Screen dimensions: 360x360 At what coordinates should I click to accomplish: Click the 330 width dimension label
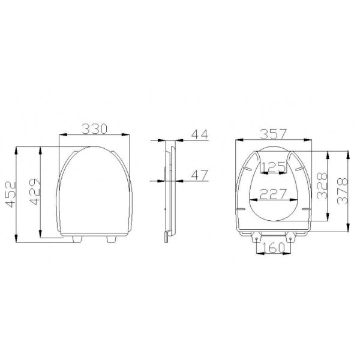[x=94, y=129]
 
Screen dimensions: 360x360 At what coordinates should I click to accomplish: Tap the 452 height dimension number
[x=11, y=194]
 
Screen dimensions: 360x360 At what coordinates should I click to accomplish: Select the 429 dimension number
[x=35, y=192]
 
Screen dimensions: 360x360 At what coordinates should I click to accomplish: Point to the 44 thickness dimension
[x=200, y=134]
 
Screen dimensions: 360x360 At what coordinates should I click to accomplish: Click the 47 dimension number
[x=200, y=175]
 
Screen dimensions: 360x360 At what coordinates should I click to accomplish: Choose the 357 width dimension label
[x=274, y=134]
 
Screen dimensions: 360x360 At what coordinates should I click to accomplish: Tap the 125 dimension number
[x=274, y=167]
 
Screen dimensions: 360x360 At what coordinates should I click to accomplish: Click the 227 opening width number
[x=274, y=194]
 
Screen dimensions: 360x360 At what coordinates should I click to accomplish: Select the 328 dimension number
[x=322, y=185]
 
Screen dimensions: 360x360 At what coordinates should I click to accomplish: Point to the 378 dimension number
[x=343, y=191]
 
